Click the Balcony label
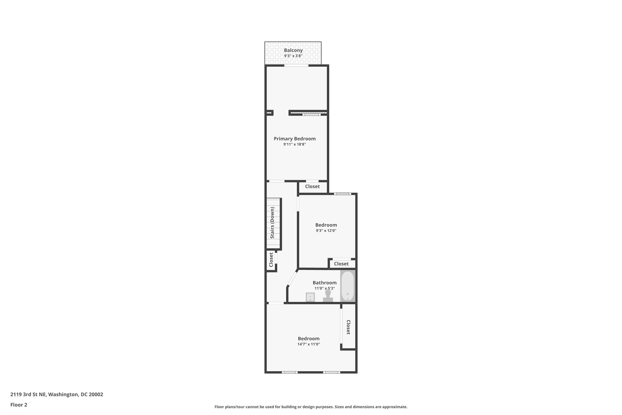[293, 50]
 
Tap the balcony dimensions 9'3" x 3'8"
[293, 56]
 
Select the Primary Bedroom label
[295, 139]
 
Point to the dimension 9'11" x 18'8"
[295, 144]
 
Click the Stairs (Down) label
[272, 223]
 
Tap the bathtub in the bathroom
[347, 286]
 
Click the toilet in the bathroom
[328, 295]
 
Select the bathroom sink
[310, 297]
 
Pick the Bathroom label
[325, 283]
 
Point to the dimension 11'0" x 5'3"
[325, 288]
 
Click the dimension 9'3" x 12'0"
[326, 231]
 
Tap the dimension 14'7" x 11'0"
[309, 344]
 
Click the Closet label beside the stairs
[271, 260]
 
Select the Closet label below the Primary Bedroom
[312, 186]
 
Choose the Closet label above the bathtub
[341, 264]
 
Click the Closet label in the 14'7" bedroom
[348, 327]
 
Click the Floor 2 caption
[19, 405]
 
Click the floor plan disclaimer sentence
[311, 407]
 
